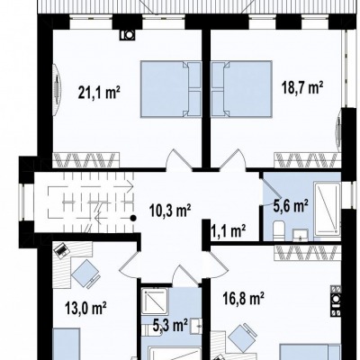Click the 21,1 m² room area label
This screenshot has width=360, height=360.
click(99, 92)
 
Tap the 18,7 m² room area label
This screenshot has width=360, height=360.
click(302, 88)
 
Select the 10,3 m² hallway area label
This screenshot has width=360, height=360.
click(170, 211)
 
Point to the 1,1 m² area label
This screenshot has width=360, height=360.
click(229, 231)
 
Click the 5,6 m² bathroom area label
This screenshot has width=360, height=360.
click(291, 206)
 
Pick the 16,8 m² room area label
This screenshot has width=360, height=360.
click(243, 298)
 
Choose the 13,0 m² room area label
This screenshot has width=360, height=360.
click(86, 308)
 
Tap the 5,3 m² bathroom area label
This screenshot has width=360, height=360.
click(170, 326)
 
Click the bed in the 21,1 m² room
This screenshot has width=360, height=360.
click(171, 89)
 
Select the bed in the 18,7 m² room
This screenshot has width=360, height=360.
click(242, 89)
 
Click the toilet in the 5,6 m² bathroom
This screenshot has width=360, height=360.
click(279, 230)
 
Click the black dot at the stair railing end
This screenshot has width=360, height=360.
click(133, 218)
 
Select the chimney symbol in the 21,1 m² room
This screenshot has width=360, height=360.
click(127, 35)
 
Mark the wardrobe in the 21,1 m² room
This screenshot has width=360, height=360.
click(86, 160)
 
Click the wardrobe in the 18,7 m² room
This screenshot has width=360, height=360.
click(308, 160)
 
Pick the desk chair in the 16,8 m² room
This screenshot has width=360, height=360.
click(244, 337)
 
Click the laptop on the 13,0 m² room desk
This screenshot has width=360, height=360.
click(61, 250)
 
